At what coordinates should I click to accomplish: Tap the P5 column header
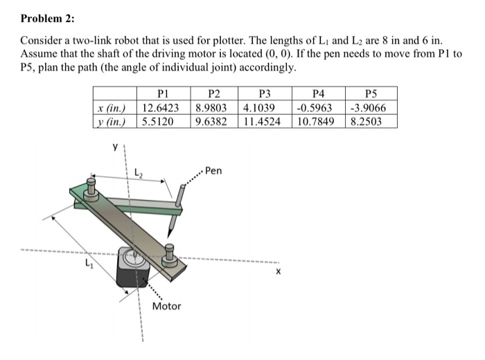tap(373, 95)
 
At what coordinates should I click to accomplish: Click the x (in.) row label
tap(114, 108)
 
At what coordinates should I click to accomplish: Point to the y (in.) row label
tap(114, 121)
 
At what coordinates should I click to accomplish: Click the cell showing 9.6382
tap(215, 121)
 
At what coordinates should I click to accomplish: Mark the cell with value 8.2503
tap(373, 121)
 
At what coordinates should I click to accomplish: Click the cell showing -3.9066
tap(373, 108)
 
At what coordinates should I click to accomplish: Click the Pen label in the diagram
tap(214, 170)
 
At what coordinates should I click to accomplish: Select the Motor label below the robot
tap(166, 306)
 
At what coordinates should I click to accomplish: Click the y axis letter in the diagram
tap(115, 148)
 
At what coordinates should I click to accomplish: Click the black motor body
tap(132, 273)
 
